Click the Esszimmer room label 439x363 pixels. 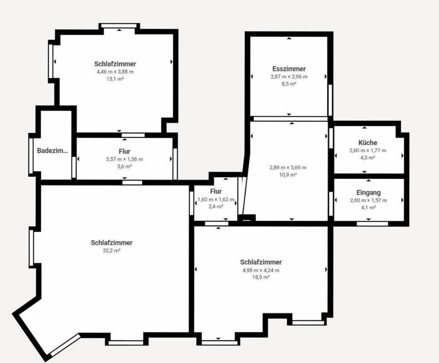pyautogui.click(x=289, y=69)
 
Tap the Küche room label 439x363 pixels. pyautogui.click(x=368, y=142)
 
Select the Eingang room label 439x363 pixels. pyautogui.click(x=369, y=193)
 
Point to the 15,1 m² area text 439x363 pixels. pyautogui.click(x=115, y=79)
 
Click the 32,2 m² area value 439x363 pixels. pyautogui.click(x=112, y=250)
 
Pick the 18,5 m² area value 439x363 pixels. pyautogui.click(x=261, y=277)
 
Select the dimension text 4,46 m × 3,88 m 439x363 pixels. pyautogui.click(x=115, y=72)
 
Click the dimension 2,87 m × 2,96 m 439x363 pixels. pyautogui.click(x=289, y=76)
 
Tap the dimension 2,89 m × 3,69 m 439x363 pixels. pyautogui.click(x=288, y=168)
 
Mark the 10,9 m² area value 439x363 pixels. pyautogui.click(x=288, y=175)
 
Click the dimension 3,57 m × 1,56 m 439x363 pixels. pyautogui.click(x=124, y=159)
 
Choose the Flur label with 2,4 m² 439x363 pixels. pyautogui.click(x=216, y=191)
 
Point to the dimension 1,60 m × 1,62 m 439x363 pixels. pyautogui.click(x=216, y=200)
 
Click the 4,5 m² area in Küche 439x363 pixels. pyautogui.click(x=368, y=157)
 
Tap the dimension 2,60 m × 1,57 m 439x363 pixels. pyautogui.click(x=368, y=200)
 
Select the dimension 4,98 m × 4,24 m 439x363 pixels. pyautogui.click(x=261, y=270)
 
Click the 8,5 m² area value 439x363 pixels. pyautogui.click(x=289, y=84)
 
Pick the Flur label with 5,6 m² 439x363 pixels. pyautogui.click(x=124, y=152)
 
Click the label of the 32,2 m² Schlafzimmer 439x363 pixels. pyautogui.click(x=112, y=243)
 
